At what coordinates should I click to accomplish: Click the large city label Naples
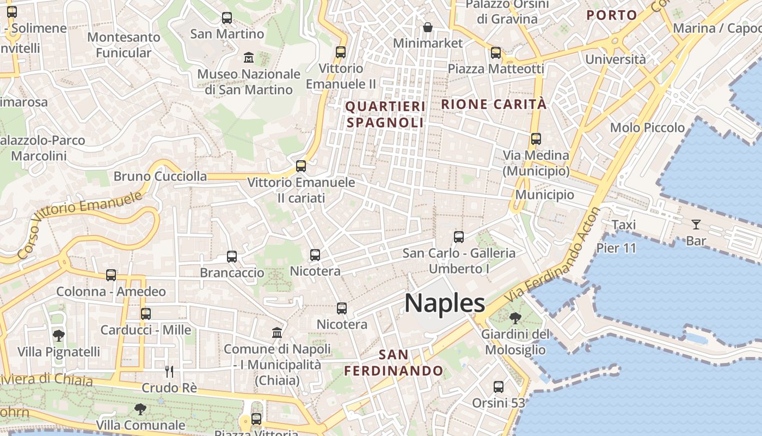tap(444, 303)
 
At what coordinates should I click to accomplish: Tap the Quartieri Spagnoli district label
tap(385, 114)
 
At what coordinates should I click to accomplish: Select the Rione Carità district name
tap(494, 104)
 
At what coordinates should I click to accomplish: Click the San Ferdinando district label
tap(394, 363)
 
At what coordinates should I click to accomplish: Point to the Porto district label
tap(612, 15)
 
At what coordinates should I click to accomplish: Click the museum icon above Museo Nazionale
tap(249, 57)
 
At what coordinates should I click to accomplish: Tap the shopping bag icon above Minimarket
tap(428, 27)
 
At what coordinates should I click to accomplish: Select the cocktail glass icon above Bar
tap(696, 224)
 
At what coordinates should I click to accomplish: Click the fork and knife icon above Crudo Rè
tap(169, 372)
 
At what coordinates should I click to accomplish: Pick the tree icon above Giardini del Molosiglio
tap(515, 318)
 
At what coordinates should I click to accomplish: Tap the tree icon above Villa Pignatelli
tap(59, 336)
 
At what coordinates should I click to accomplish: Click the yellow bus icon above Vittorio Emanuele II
tap(341, 52)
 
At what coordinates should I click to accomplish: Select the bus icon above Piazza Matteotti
tap(496, 53)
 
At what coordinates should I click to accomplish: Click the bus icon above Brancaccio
tap(232, 257)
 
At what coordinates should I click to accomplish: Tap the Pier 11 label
tap(616, 248)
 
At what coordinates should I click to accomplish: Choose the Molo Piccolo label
tap(647, 128)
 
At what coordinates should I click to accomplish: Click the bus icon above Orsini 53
tap(498, 387)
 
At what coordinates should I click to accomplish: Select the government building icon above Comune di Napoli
tap(277, 332)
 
